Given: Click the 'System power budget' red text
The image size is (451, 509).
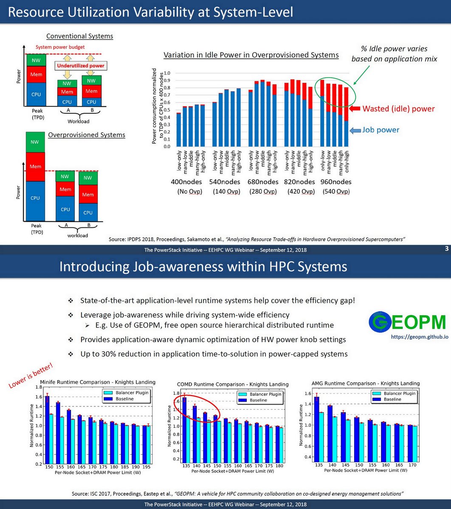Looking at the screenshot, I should pos(60,47).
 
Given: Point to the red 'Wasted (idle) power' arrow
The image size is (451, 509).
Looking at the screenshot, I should pos(355,109).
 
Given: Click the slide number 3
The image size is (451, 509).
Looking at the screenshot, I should pos(446,249).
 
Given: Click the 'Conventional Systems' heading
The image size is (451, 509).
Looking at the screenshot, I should pos(79,36).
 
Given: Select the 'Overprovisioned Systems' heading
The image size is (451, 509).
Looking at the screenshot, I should pos(86,135).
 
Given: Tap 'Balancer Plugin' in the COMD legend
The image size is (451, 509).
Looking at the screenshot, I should pos(265,394).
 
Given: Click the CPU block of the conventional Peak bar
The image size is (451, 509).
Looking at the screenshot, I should pos(36,94).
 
